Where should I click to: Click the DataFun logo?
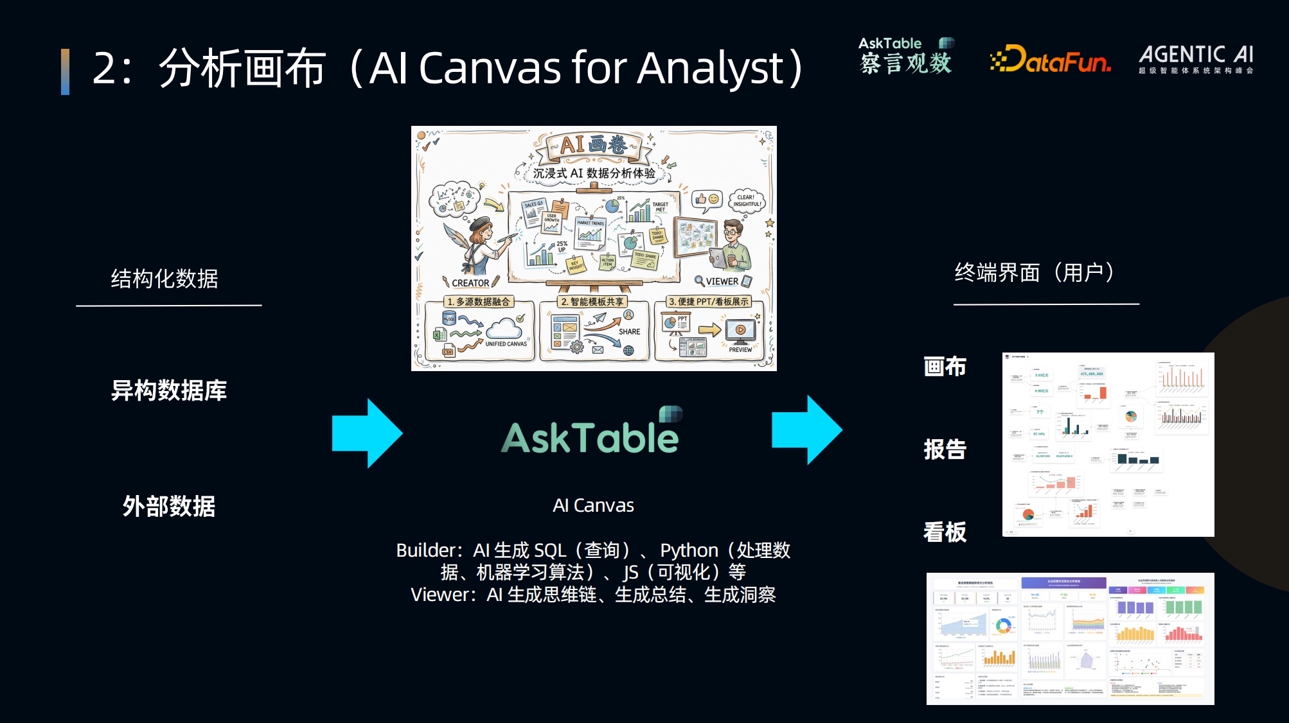(1050, 60)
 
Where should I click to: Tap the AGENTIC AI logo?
(1196, 58)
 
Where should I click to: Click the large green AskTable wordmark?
(590, 438)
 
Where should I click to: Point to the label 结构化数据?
(164, 279)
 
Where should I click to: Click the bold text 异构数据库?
(169, 390)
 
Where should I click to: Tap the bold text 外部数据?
(169, 506)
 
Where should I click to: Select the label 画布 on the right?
(945, 366)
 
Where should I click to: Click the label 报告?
(945, 449)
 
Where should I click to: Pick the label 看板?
(945, 532)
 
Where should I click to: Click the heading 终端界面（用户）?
(1035, 273)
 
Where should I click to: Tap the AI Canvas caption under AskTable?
(593, 505)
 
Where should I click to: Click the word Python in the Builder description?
(689, 550)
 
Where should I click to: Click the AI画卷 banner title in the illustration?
(593, 145)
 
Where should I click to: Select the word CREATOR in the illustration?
(470, 283)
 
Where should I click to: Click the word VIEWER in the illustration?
(722, 281)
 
